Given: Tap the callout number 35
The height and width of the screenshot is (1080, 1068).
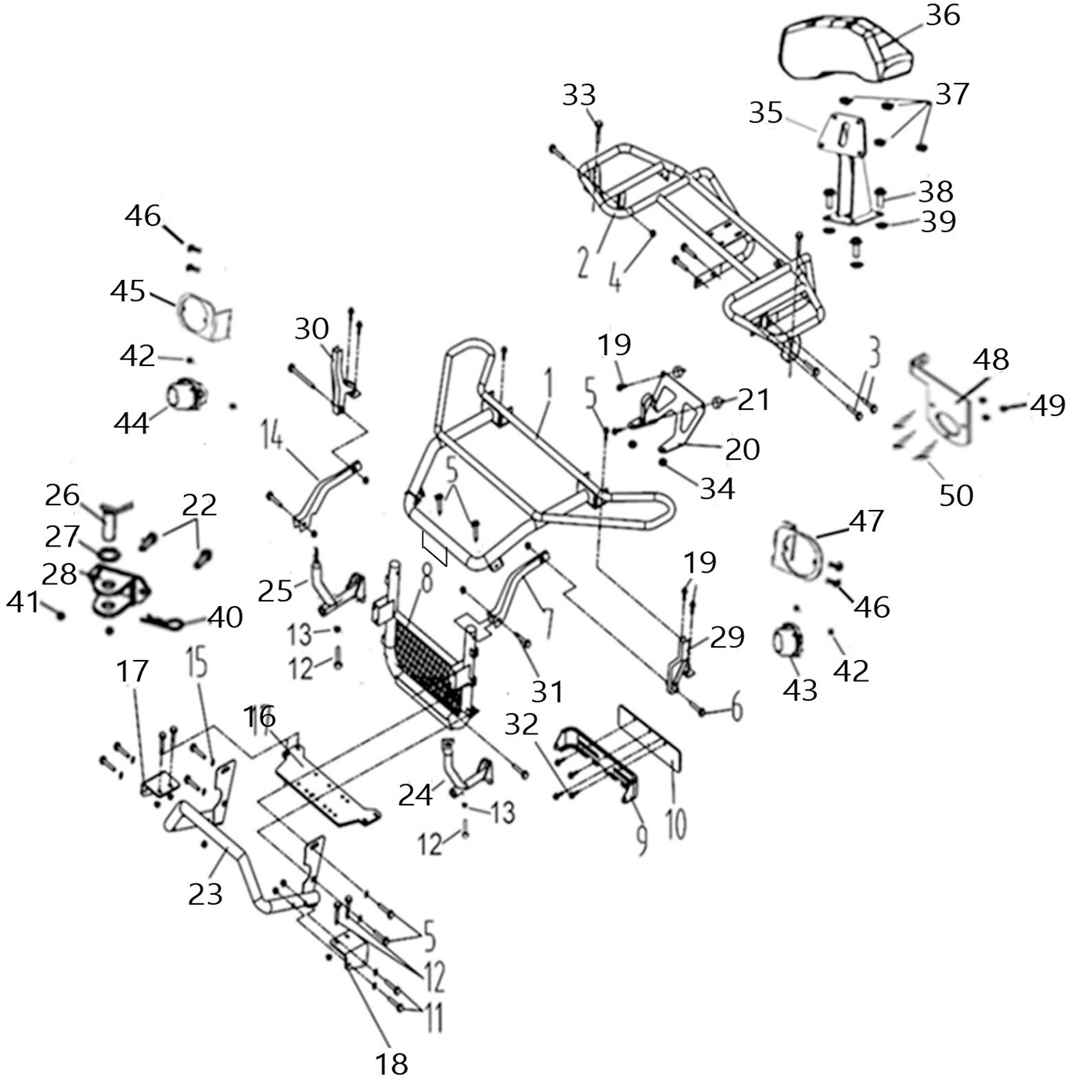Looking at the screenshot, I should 765,113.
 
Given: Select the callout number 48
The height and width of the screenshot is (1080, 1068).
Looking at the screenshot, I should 991,361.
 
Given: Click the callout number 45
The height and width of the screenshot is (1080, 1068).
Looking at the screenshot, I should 128,291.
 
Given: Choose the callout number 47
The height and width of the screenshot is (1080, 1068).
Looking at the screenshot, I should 866,521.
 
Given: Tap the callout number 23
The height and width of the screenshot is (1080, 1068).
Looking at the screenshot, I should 205,893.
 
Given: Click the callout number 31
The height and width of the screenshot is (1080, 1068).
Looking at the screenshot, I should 547,691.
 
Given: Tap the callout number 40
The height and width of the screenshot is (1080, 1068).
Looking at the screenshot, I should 225,618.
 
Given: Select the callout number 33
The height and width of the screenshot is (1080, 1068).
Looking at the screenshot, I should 579,96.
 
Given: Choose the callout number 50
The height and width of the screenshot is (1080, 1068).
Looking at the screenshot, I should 955,494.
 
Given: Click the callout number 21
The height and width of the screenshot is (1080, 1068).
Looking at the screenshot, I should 753,400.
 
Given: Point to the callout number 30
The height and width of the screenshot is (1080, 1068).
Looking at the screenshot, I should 311,329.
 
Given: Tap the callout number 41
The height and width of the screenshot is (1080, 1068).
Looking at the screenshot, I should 23,602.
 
